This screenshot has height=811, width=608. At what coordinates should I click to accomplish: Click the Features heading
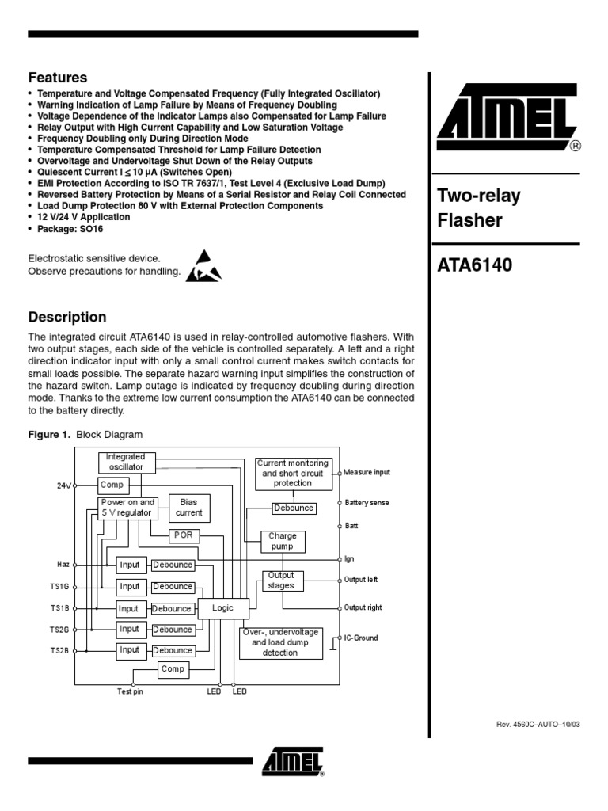58,78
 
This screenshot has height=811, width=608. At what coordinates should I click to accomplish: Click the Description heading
67,317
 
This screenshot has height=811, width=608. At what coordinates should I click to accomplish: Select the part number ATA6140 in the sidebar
475,265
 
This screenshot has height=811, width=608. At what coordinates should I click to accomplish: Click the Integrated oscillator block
127,461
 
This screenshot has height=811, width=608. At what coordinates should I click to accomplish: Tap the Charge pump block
283,542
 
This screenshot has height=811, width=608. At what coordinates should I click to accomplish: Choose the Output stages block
281,581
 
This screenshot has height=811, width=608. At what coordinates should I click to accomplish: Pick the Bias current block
188,507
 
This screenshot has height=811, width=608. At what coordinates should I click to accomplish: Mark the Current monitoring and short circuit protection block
293,473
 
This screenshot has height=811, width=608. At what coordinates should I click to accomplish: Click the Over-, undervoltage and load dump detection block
280,642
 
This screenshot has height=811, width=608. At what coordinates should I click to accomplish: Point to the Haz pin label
63,564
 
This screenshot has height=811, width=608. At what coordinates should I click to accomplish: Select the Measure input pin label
367,472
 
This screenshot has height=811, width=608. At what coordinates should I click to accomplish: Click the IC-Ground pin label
361,638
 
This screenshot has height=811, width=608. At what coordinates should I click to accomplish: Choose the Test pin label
130,691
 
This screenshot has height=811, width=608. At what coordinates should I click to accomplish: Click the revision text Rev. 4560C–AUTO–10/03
538,725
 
